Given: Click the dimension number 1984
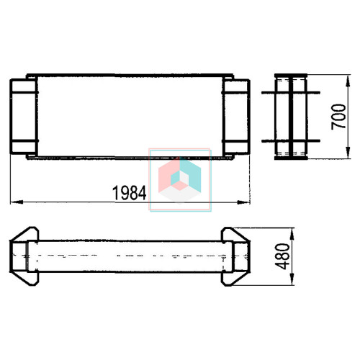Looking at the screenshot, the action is (x=130, y=193).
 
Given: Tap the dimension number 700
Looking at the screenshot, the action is (x=338, y=117).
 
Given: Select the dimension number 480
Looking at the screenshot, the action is (x=283, y=256).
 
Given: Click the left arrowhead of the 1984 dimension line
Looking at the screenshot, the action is (x=17, y=202).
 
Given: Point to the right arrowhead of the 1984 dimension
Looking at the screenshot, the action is (x=243, y=202).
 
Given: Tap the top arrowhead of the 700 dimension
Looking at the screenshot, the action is (x=348, y=81).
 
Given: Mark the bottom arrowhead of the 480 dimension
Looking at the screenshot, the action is (x=292, y=279).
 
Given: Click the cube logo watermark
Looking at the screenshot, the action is (x=180, y=179).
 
